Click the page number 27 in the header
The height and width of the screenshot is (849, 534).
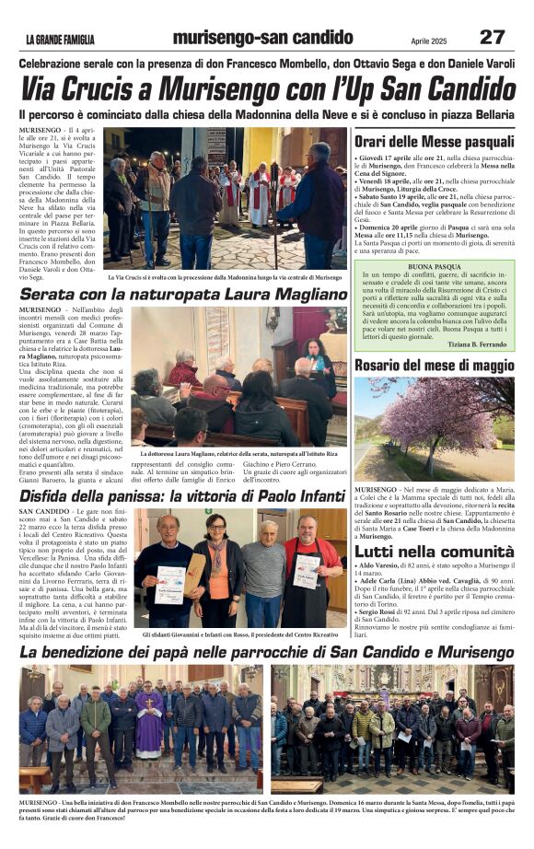(x=492, y=37)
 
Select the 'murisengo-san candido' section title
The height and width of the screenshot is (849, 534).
(x=261, y=38)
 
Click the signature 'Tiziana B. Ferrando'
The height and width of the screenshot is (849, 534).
(x=478, y=343)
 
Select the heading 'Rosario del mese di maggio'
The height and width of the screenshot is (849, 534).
(x=434, y=365)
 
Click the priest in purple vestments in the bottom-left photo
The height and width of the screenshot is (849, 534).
(x=148, y=723)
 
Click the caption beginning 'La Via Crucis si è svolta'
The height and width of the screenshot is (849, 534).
(x=225, y=276)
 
